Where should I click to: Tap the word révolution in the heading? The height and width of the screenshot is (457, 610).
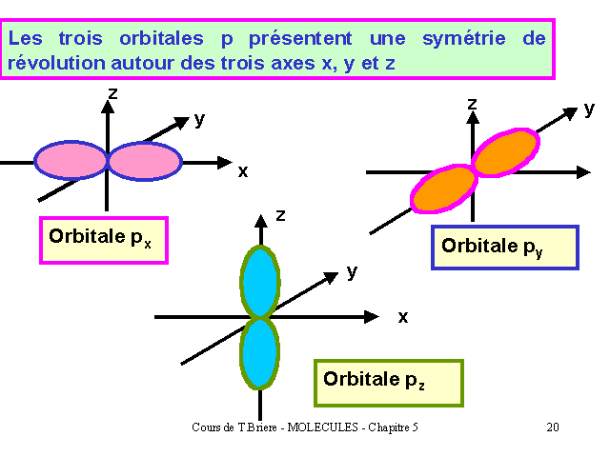tap(56, 63)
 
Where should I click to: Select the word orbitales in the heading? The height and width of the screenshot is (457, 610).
tap(161, 38)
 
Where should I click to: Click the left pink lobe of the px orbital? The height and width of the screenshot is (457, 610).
tap(71, 161)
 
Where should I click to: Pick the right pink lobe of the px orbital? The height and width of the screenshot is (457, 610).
tap(146, 161)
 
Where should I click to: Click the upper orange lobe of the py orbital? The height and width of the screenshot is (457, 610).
tap(506, 152)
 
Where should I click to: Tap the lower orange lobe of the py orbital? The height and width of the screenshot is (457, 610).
tap(443, 189)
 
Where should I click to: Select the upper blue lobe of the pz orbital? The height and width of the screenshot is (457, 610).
tap(260, 282)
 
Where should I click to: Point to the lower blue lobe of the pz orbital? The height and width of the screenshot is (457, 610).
tap(259, 354)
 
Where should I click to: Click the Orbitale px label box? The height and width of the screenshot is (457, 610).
tap(104, 241)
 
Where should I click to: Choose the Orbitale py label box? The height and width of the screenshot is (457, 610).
tap(505, 248)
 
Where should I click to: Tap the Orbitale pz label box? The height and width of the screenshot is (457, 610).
tap(389, 383)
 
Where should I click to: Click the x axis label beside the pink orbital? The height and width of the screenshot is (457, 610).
tap(243, 171)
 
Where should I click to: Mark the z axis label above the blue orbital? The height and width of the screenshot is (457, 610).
tap(280, 215)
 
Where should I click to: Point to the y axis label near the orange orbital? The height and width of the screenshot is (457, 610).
tap(589, 110)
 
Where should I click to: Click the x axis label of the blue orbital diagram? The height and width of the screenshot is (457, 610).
tap(403, 317)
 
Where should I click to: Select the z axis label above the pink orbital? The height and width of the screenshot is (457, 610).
tap(112, 93)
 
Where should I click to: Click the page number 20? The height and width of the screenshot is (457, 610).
tap(553, 427)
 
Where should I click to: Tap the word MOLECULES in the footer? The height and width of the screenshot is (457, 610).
tap(322, 427)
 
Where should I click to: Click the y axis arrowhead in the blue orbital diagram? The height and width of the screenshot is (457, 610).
tap(331, 277)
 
